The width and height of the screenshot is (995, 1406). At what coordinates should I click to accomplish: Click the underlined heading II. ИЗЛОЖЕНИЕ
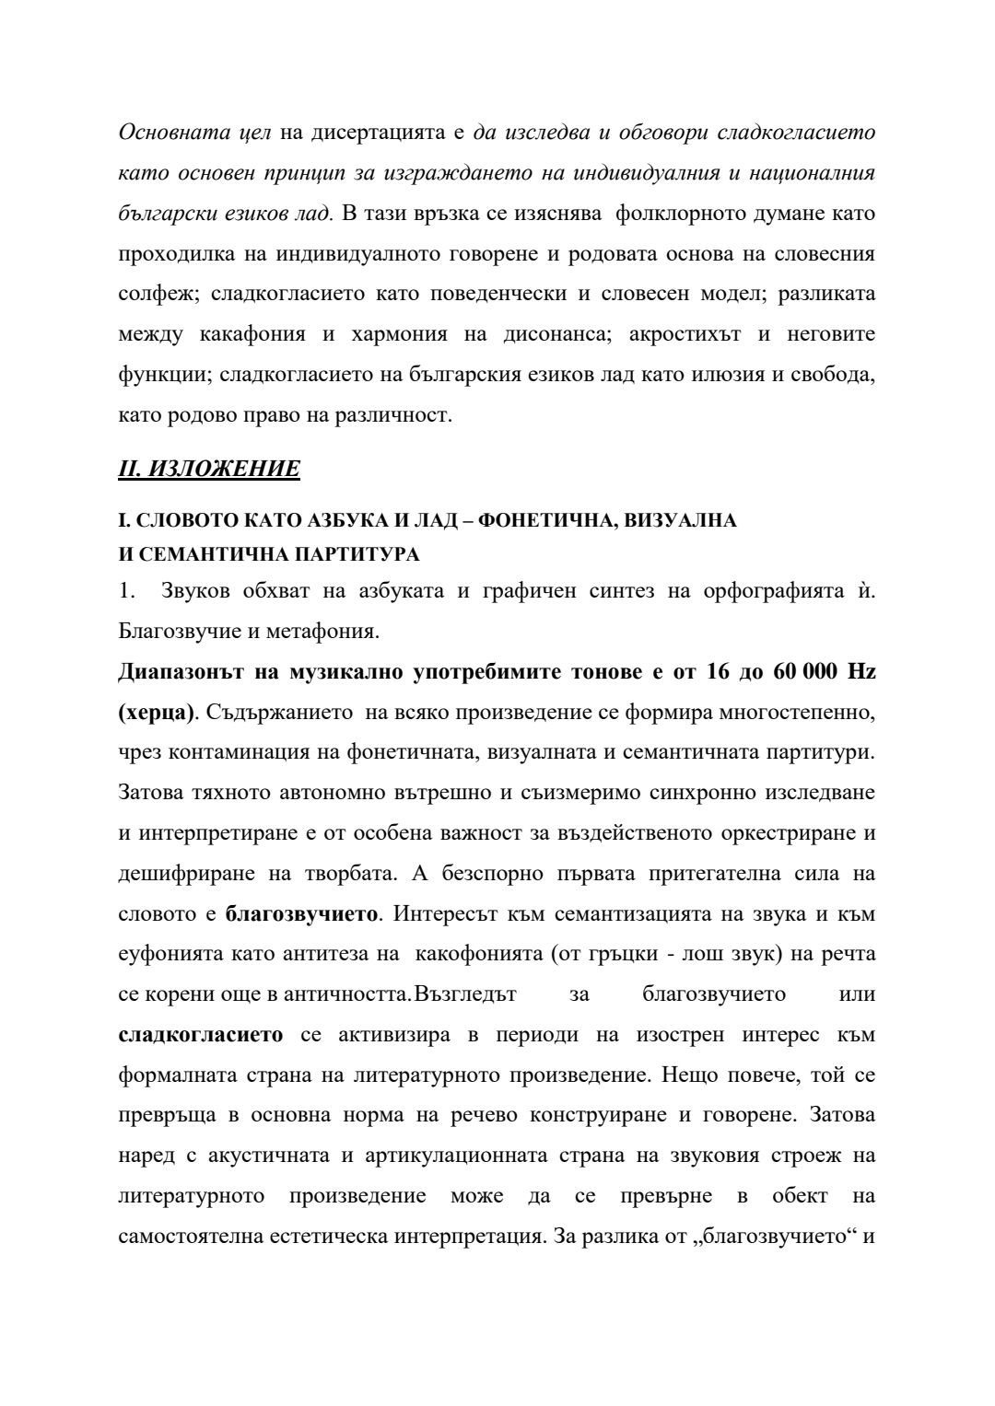tap(209, 469)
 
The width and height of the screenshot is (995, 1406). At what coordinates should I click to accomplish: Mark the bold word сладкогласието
tap(201, 1034)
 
